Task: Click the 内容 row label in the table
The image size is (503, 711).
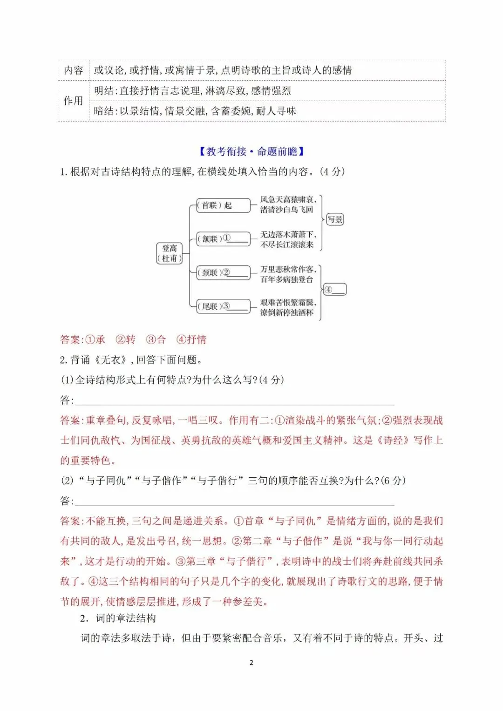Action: [x=73, y=70]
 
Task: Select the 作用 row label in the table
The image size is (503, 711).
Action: [x=73, y=101]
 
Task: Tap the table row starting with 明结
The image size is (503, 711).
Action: [x=192, y=91]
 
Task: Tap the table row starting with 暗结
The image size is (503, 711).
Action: [x=195, y=111]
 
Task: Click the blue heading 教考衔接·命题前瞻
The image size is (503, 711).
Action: [x=251, y=151]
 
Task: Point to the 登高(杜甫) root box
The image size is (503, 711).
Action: [x=170, y=253]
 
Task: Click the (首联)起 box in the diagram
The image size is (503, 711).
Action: [x=223, y=205]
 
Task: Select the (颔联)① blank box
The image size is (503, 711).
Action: [x=223, y=239]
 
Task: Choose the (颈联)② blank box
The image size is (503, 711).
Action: [x=223, y=273]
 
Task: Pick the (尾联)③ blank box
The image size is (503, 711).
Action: [x=223, y=306]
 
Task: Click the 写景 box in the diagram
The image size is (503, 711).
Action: [x=334, y=219]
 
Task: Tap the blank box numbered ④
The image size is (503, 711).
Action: [x=334, y=290]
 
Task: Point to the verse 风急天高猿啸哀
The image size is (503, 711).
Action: [x=287, y=200]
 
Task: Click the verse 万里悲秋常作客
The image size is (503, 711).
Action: [x=288, y=269]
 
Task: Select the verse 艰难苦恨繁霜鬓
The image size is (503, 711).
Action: [x=288, y=303]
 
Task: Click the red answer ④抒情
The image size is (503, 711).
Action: [x=191, y=339]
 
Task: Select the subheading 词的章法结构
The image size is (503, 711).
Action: [x=126, y=618]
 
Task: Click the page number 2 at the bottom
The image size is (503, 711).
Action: [x=251, y=663]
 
